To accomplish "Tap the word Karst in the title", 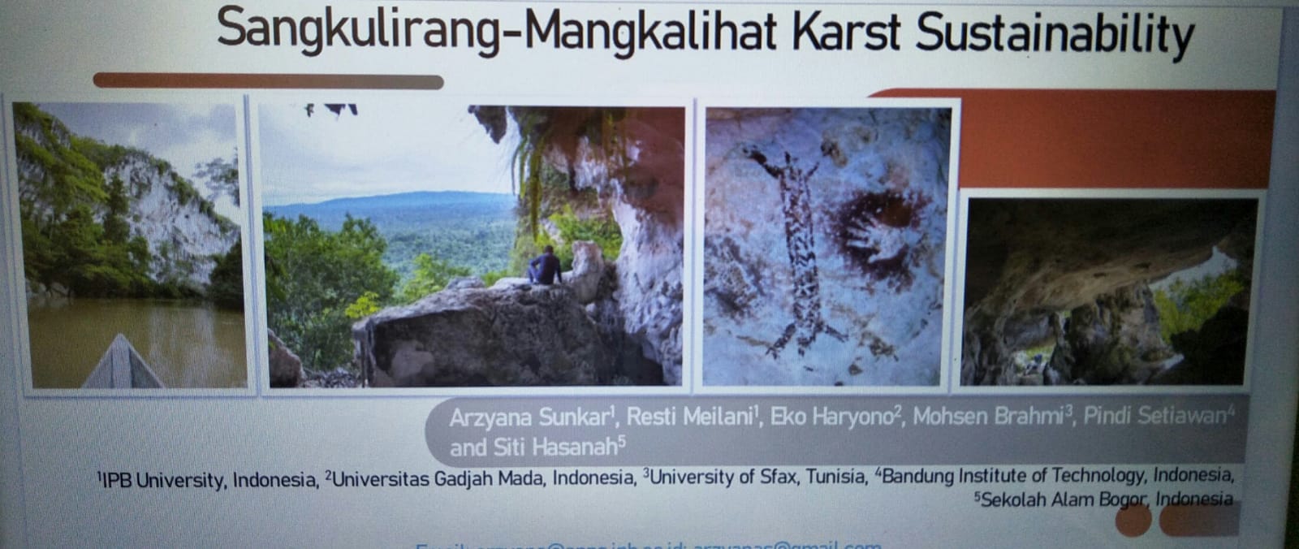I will pos(845,32).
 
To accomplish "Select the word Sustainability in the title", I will pos(1055,34).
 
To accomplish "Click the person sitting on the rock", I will pos(546,266).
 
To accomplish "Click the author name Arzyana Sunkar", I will pos(531,417).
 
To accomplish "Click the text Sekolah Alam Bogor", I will pos(1064,499).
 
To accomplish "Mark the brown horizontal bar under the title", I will pos(268,81).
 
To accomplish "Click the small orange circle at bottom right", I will pos(1133,521).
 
